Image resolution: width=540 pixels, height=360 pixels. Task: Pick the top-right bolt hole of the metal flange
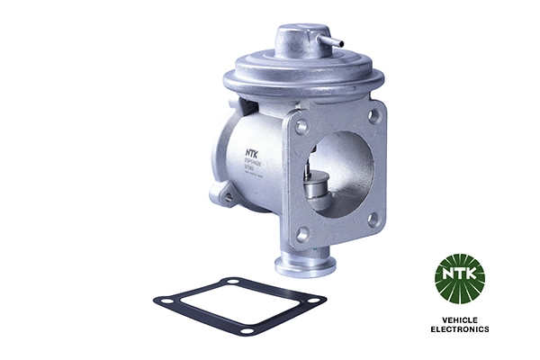[373, 114]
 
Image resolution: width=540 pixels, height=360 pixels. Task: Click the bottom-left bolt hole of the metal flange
[303, 233]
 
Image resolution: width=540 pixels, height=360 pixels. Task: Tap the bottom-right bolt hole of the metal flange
[373, 217]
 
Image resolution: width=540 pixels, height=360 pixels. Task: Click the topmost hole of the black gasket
[233, 283]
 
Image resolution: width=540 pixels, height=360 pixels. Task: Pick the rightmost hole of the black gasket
[316, 297]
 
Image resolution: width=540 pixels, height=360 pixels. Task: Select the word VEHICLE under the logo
[459, 320]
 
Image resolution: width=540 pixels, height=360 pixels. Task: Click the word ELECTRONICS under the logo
[459, 330]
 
